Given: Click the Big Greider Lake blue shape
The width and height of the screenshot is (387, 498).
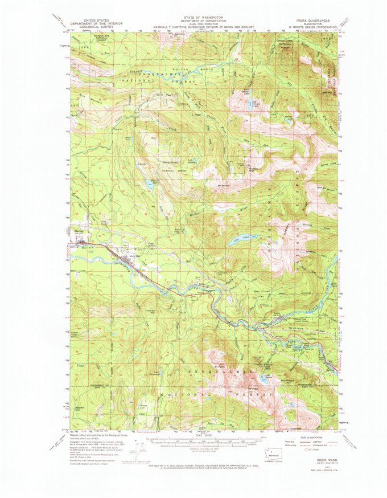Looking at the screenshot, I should click(x=250, y=104).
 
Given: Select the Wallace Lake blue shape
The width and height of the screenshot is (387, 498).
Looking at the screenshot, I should click(x=149, y=184).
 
